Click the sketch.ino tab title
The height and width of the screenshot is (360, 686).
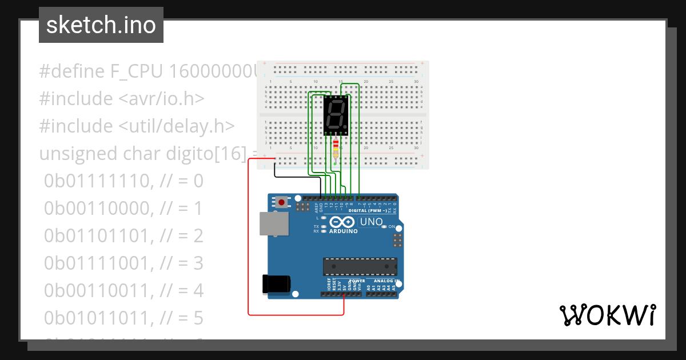point(101,25)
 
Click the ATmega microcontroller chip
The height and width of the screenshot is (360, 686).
point(360,266)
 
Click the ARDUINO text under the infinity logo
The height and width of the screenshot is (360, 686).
point(343,231)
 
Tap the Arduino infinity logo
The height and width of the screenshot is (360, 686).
point(342,222)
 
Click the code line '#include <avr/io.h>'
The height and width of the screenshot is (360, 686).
point(121,98)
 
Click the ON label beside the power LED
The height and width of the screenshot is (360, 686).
point(392,227)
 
